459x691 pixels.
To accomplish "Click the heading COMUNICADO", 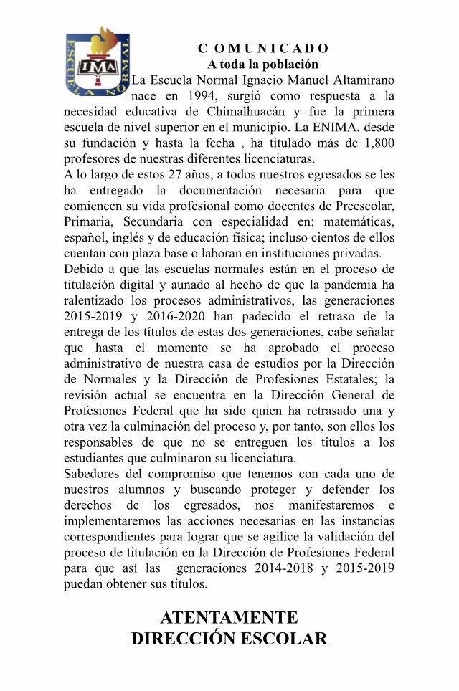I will click(263, 49).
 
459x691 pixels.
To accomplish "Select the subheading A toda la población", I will click(263, 64).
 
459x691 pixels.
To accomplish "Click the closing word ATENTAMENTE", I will click(229, 618).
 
